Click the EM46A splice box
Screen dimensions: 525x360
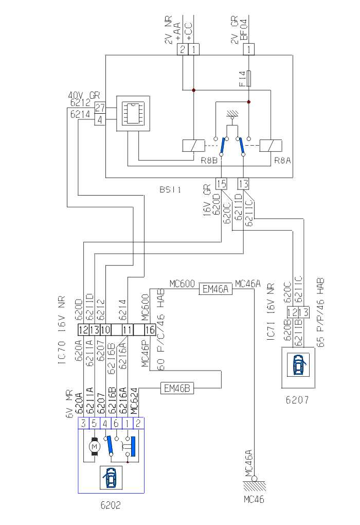coord(216,290)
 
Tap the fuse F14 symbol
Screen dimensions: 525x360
coord(249,78)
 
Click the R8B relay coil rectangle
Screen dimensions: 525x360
coord(191,145)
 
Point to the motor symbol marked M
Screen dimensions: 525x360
coord(94,446)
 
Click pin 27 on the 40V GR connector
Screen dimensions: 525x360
coord(100,109)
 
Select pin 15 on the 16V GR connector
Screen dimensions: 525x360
coord(222,183)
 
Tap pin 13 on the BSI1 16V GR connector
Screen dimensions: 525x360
coord(243,183)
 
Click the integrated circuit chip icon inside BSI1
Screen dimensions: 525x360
coord(133,113)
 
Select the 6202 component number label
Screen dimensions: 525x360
coord(111,505)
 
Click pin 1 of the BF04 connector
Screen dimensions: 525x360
coord(249,49)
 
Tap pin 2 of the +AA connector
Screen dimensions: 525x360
coord(183,49)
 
